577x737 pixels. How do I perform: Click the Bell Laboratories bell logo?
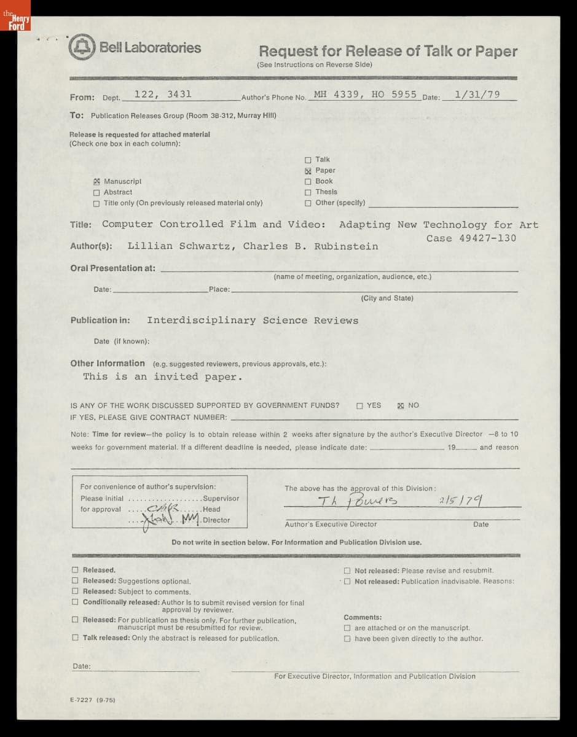tap(82, 48)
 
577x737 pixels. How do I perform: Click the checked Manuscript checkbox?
tap(96, 182)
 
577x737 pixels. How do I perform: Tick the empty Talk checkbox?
tap(308, 160)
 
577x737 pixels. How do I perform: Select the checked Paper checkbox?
tap(308, 171)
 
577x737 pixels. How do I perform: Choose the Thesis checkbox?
tap(308, 192)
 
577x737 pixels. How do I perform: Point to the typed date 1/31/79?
tap(477, 95)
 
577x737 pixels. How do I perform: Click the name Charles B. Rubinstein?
tap(310, 246)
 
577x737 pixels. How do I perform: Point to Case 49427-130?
tap(471, 238)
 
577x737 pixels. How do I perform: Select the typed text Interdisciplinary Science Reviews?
tap(252, 321)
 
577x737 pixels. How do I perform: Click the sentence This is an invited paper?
tap(163, 377)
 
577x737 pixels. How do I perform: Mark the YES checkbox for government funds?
tap(359, 406)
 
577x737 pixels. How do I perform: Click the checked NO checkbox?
tap(401, 406)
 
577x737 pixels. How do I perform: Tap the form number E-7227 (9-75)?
tap(93, 700)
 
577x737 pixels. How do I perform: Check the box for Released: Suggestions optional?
tap(75, 580)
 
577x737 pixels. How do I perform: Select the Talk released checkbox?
tap(75, 638)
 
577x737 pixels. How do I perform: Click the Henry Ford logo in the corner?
tap(15, 21)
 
